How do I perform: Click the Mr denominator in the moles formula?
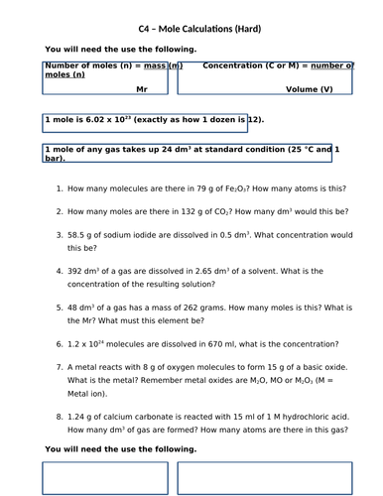tap(140, 88)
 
